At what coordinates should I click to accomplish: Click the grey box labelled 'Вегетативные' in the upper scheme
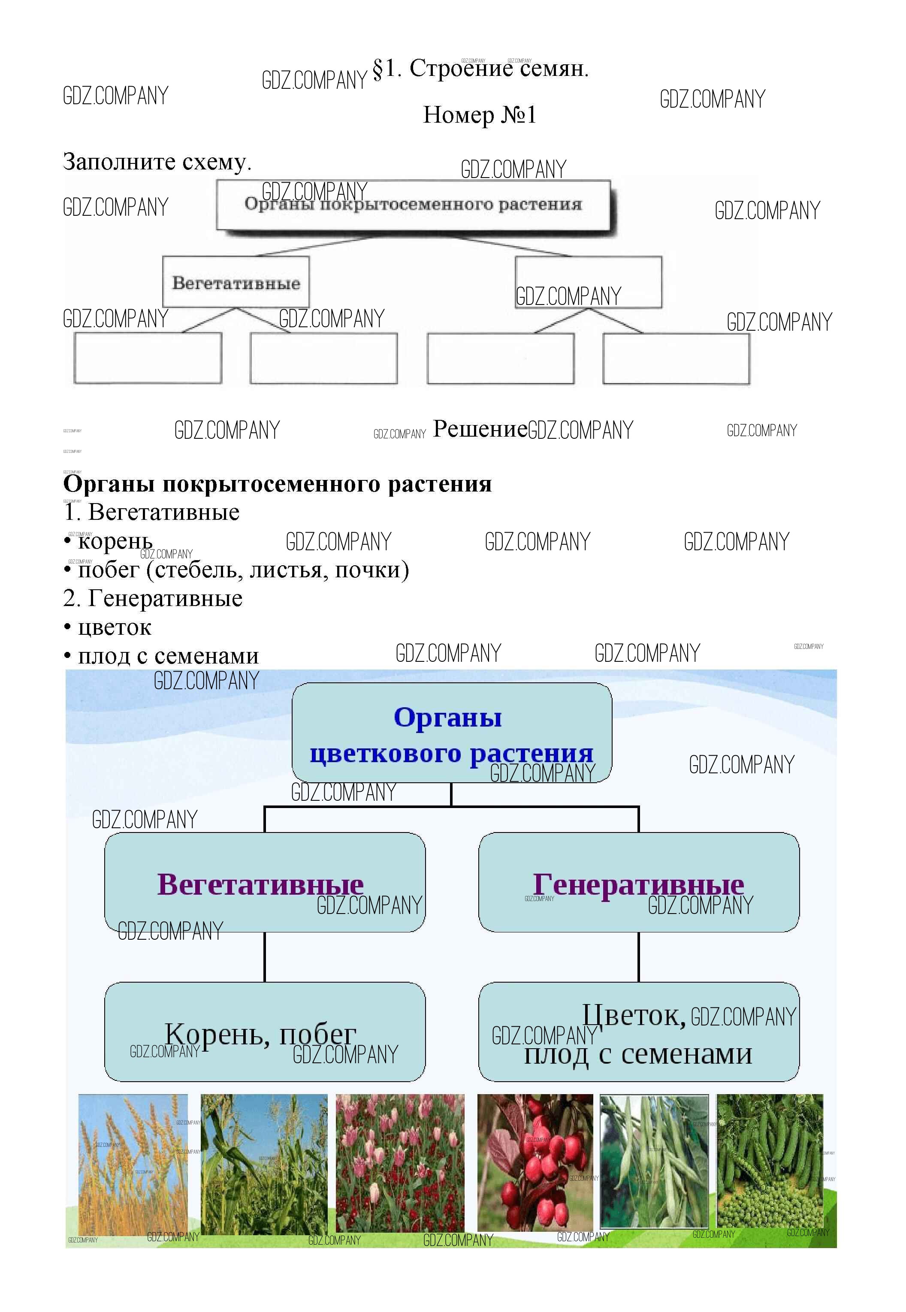click(236, 282)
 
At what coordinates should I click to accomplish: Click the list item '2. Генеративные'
click(153, 599)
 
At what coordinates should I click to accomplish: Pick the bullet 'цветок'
click(114, 627)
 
